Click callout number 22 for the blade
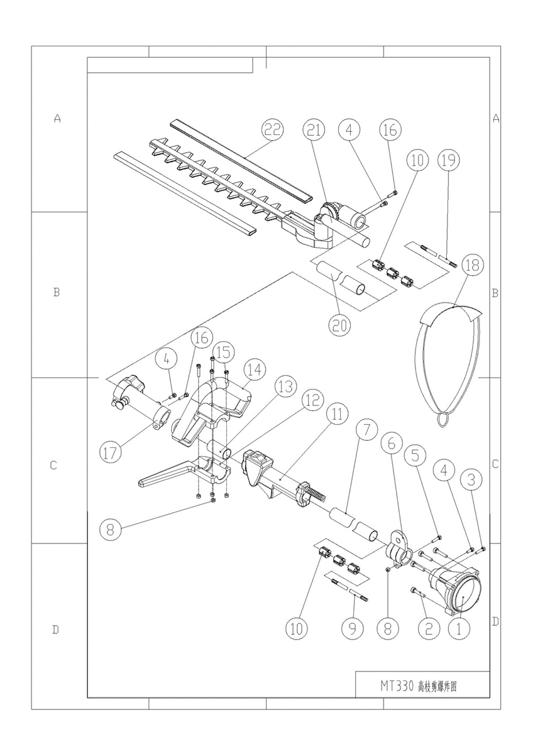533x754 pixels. (273, 130)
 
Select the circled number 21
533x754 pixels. (312, 130)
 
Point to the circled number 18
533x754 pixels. (472, 266)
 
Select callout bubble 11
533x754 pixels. (338, 413)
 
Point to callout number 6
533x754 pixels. (390, 443)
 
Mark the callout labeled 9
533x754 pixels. (352, 627)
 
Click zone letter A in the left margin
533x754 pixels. (58, 117)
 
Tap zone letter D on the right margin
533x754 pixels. (495, 622)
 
